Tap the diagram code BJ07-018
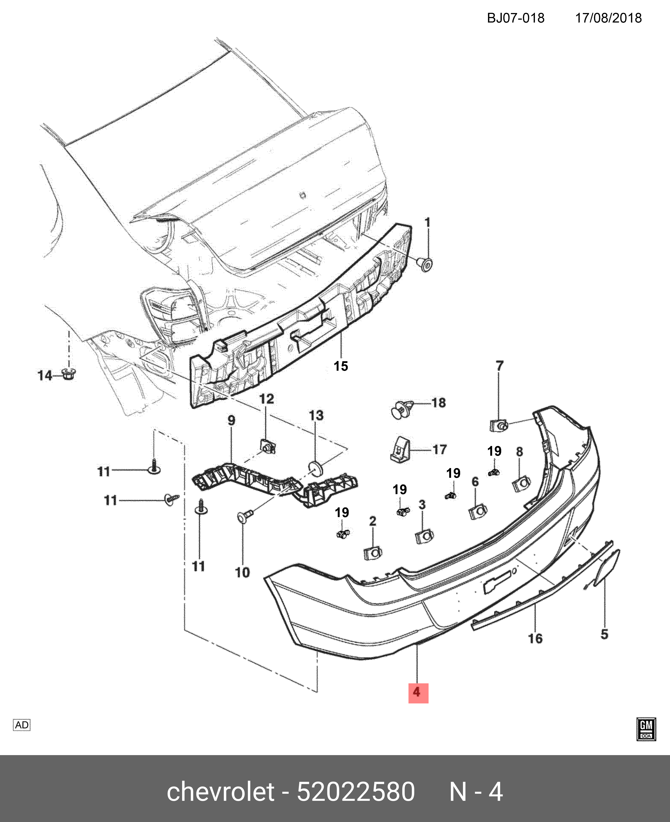[x=515, y=18]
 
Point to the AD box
[x=22, y=725]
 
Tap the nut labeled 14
[x=69, y=374]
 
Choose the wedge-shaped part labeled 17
[x=400, y=449]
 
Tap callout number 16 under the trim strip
[x=535, y=639]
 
